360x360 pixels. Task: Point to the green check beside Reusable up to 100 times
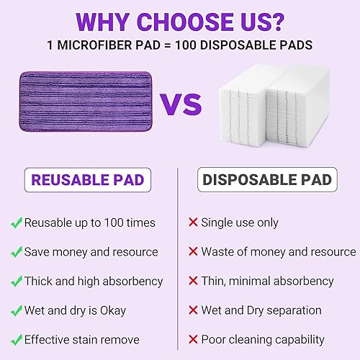click(16, 223)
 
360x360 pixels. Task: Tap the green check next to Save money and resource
click(16, 252)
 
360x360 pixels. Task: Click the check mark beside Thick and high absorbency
click(16, 282)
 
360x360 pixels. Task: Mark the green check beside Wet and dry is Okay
click(16, 311)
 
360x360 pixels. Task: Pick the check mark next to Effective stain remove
click(16, 340)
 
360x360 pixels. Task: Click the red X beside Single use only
click(192, 223)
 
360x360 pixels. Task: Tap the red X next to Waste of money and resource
click(192, 252)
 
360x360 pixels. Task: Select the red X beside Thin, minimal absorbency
click(192, 282)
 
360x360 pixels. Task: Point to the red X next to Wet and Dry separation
click(192, 311)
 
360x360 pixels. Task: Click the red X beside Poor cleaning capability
click(192, 340)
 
